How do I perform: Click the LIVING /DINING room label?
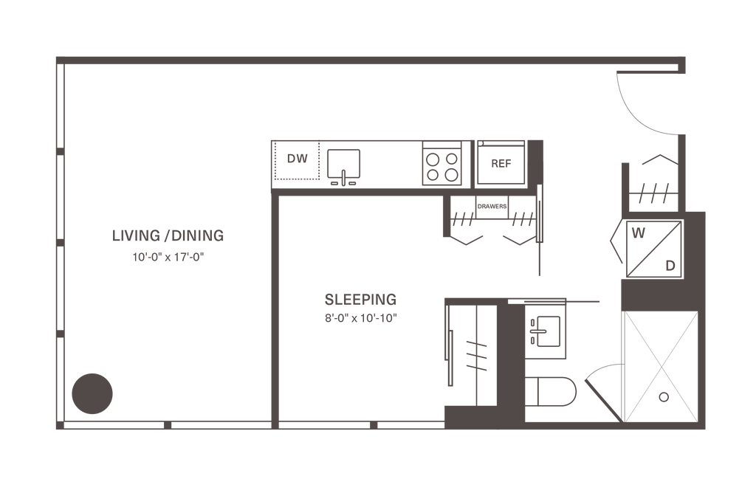[168, 235]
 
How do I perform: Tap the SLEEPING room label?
[360, 300]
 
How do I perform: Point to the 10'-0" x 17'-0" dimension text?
[168, 258]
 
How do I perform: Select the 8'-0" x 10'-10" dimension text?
[360, 319]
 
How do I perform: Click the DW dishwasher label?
[297, 159]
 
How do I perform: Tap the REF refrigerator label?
[501, 164]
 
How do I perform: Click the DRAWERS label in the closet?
[492, 206]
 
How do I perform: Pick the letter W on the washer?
[639, 233]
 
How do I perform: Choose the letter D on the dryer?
[670, 266]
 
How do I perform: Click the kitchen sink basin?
[344, 164]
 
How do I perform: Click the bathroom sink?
[546, 331]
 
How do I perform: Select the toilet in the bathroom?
[550, 392]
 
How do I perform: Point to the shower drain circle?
[664, 397]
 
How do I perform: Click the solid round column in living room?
[92, 393]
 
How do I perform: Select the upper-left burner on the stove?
[433, 159]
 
